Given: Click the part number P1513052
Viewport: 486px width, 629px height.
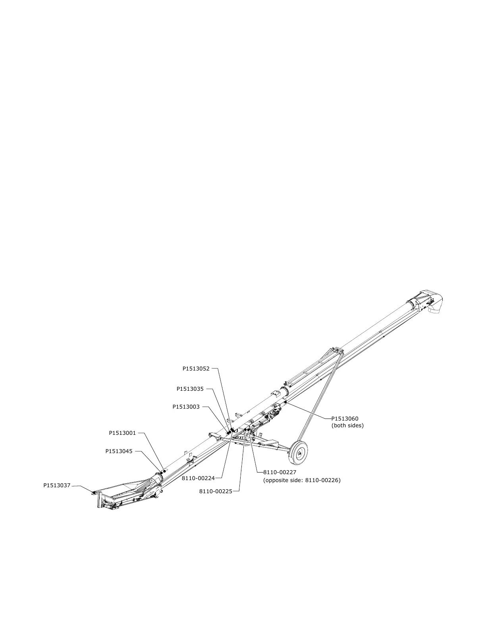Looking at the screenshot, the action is (196, 369).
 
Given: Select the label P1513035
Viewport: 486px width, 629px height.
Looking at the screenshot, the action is (190, 389).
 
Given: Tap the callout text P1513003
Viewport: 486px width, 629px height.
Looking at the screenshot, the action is (186, 407).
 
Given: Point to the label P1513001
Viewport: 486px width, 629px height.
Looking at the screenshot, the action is (122, 433).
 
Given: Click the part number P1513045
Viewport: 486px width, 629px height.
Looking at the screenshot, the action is (119, 451).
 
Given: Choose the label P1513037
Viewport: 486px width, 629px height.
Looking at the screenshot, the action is (57, 485).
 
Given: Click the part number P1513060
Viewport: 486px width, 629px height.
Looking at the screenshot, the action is (345, 419).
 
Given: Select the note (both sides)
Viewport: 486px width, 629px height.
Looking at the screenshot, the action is (347, 426).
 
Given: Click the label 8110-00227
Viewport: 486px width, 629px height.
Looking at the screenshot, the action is (280, 473).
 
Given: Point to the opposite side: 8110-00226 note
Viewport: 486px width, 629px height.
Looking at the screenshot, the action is (302, 480).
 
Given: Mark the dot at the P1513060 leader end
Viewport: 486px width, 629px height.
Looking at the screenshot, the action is (285, 402).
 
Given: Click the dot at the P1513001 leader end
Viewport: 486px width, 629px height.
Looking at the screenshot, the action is (164, 470).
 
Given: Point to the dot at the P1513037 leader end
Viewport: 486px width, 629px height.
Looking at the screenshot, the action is (94, 492).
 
